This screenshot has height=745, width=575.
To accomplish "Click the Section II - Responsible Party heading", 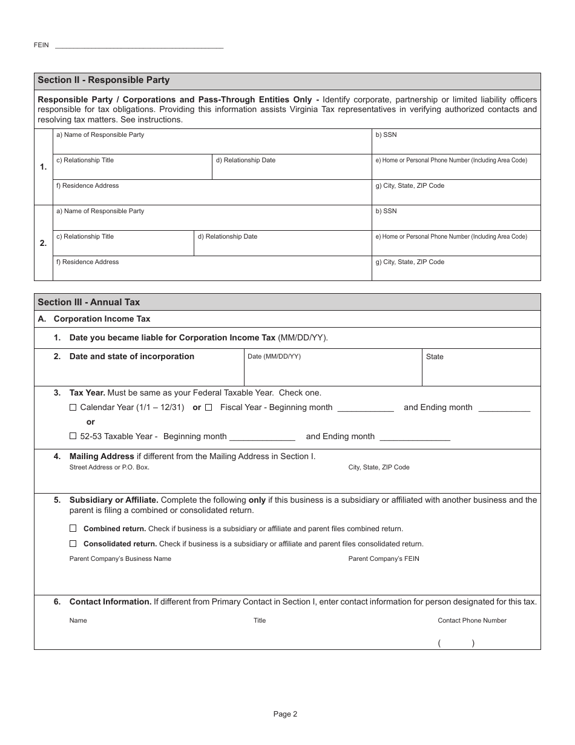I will click(x=103, y=80).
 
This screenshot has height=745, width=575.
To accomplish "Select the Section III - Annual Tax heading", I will click(x=89, y=302).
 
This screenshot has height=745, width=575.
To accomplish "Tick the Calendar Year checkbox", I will click(x=73, y=408).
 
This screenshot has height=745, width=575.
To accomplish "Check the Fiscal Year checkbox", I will click(x=209, y=408).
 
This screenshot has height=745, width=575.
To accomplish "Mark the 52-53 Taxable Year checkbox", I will click(x=73, y=436).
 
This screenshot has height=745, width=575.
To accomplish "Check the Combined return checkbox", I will click(x=73, y=529).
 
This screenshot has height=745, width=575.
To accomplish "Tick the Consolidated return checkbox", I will click(x=73, y=544).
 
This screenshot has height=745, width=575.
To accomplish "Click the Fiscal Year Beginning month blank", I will click(x=365, y=408).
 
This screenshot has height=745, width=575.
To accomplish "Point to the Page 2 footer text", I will click(x=285, y=714).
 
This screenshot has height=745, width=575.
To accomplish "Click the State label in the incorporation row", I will click(x=435, y=357).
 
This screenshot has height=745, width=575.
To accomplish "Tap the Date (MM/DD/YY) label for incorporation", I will click(x=274, y=357).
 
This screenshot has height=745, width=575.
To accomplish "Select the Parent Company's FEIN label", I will click(x=384, y=558).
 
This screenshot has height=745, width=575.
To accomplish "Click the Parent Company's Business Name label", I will click(x=120, y=558).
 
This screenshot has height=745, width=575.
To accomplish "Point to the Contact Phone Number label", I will click(x=472, y=620).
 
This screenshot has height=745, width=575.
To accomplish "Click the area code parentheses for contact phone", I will click(x=456, y=644).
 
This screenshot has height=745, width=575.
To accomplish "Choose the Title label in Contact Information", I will click(x=259, y=620).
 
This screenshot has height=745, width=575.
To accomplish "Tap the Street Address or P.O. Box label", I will click(x=109, y=467).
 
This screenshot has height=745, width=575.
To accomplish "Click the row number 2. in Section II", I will click(x=43, y=243).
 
